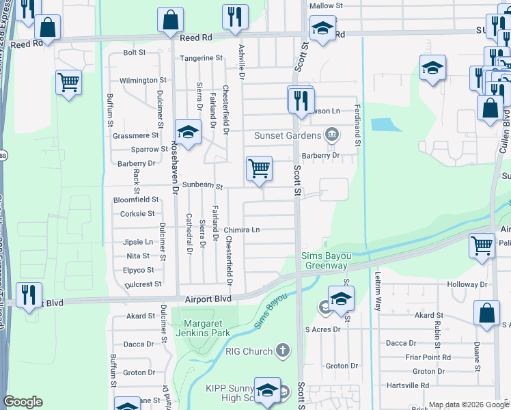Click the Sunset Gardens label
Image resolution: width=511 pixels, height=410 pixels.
287,135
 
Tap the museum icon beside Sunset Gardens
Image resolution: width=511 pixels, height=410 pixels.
332,134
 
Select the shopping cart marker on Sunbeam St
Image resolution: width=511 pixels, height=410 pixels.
260,168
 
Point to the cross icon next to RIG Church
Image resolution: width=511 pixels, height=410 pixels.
282,352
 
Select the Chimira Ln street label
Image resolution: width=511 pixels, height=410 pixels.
242,230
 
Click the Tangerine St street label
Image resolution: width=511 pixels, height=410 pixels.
202,58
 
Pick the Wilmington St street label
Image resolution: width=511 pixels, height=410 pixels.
143,81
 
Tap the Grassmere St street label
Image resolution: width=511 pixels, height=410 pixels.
135,135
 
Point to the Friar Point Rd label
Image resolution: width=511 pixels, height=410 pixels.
427,357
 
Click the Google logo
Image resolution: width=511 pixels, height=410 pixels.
23,402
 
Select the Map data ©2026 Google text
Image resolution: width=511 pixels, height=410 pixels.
469,405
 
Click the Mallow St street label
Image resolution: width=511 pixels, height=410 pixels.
324,5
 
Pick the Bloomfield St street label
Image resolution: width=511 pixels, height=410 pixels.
136,200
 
